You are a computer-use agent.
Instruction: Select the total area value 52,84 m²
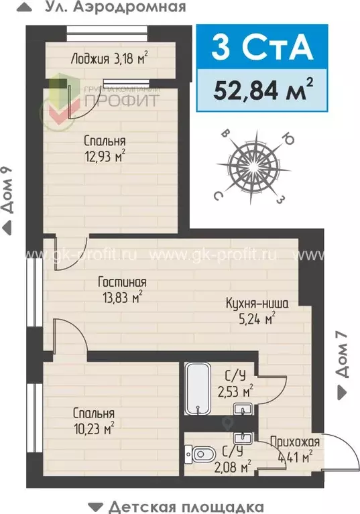click(x=261, y=89)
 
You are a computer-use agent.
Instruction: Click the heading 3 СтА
click(x=261, y=48)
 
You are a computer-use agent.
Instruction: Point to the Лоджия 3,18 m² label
click(x=109, y=58)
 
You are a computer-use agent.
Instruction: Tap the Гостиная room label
click(x=121, y=281)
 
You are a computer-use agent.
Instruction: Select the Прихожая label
click(x=295, y=442)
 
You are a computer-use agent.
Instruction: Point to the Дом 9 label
click(x=7, y=191)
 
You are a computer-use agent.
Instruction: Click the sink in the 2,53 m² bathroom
click(x=241, y=408)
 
